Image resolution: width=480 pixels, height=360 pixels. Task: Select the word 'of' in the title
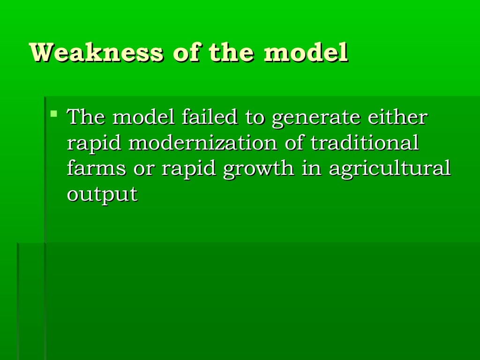pyautogui.click(x=185, y=53)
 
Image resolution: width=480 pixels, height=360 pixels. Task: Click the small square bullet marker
pyautogui.click(x=54, y=113)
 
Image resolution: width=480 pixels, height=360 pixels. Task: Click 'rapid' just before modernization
pyautogui.click(x=94, y=143)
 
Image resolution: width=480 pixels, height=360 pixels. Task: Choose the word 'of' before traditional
pyautogui.click(x=295, y=143)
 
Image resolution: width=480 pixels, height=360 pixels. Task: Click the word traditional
pyautogui.click(x=365, y=143)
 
